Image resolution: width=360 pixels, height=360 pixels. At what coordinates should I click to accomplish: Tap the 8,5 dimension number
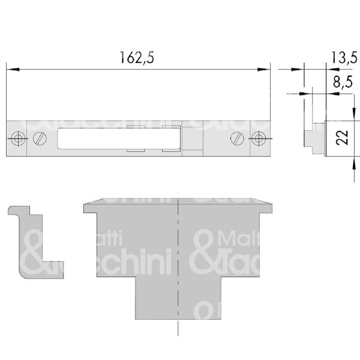(x=340, y=83)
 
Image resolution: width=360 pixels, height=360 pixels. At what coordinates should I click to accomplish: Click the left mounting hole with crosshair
(x=19, y=139)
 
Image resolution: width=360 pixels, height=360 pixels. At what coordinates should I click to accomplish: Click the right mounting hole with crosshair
(x=259, y=139)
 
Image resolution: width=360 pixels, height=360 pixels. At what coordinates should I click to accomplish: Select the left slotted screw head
(x=39, y=139)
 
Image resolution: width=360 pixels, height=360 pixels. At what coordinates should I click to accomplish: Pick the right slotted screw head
(x=238, y=139)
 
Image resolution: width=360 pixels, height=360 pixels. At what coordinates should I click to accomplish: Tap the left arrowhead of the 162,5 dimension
(x=10, y=70)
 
